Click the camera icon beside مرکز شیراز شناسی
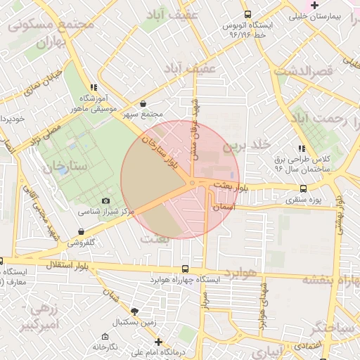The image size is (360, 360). pyautogui.click(x=106, y=201)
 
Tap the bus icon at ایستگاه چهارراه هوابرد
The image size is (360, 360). pyautogui.click(x=185, y=269)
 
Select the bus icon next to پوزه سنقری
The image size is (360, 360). pyautogui.click(x=303, y=188)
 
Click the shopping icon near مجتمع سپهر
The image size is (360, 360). pyautogui.click(x=144, y=103)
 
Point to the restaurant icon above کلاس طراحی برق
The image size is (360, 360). pyautogui.click(x=302, y=149)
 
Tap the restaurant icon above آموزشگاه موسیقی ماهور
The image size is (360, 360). pyautogui.click(x=93, y=87)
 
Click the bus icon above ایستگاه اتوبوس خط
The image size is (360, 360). pyautogui.click(x=247, y=14)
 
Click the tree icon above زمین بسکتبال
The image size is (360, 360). pyautogui.click(x=134, y=311)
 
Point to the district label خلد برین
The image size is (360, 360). pyautogui.click(x=247, y=146)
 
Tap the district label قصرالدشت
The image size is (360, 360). pyautogui.click(x=303, y=71)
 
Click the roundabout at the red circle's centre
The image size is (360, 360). pyautogui.click(x=191, y=184)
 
